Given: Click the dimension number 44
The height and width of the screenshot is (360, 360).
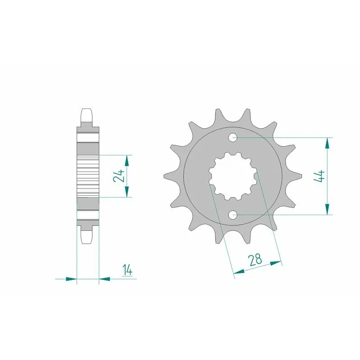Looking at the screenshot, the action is pos(319,176).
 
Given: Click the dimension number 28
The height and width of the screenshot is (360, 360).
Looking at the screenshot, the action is pos(255,259).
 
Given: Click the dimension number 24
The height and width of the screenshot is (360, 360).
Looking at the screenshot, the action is pos(119,176).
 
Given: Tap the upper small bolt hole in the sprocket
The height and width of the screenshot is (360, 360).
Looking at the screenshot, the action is pos(233,138).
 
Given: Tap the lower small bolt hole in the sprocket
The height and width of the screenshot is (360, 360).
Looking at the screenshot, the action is pos(233,215).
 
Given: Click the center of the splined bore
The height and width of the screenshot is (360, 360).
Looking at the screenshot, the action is pos(233,176).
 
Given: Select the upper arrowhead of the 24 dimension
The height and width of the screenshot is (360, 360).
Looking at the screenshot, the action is pos(127,161).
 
